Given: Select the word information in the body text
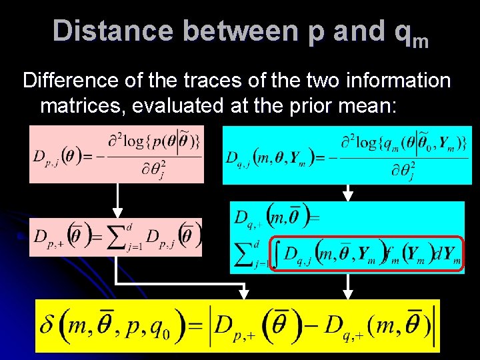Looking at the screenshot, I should tap(394, 82).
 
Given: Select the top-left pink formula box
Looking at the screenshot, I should tap(115, 154).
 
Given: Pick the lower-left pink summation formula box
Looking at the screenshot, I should tap(115, 237).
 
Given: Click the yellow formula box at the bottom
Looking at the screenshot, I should tap(237, 325).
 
